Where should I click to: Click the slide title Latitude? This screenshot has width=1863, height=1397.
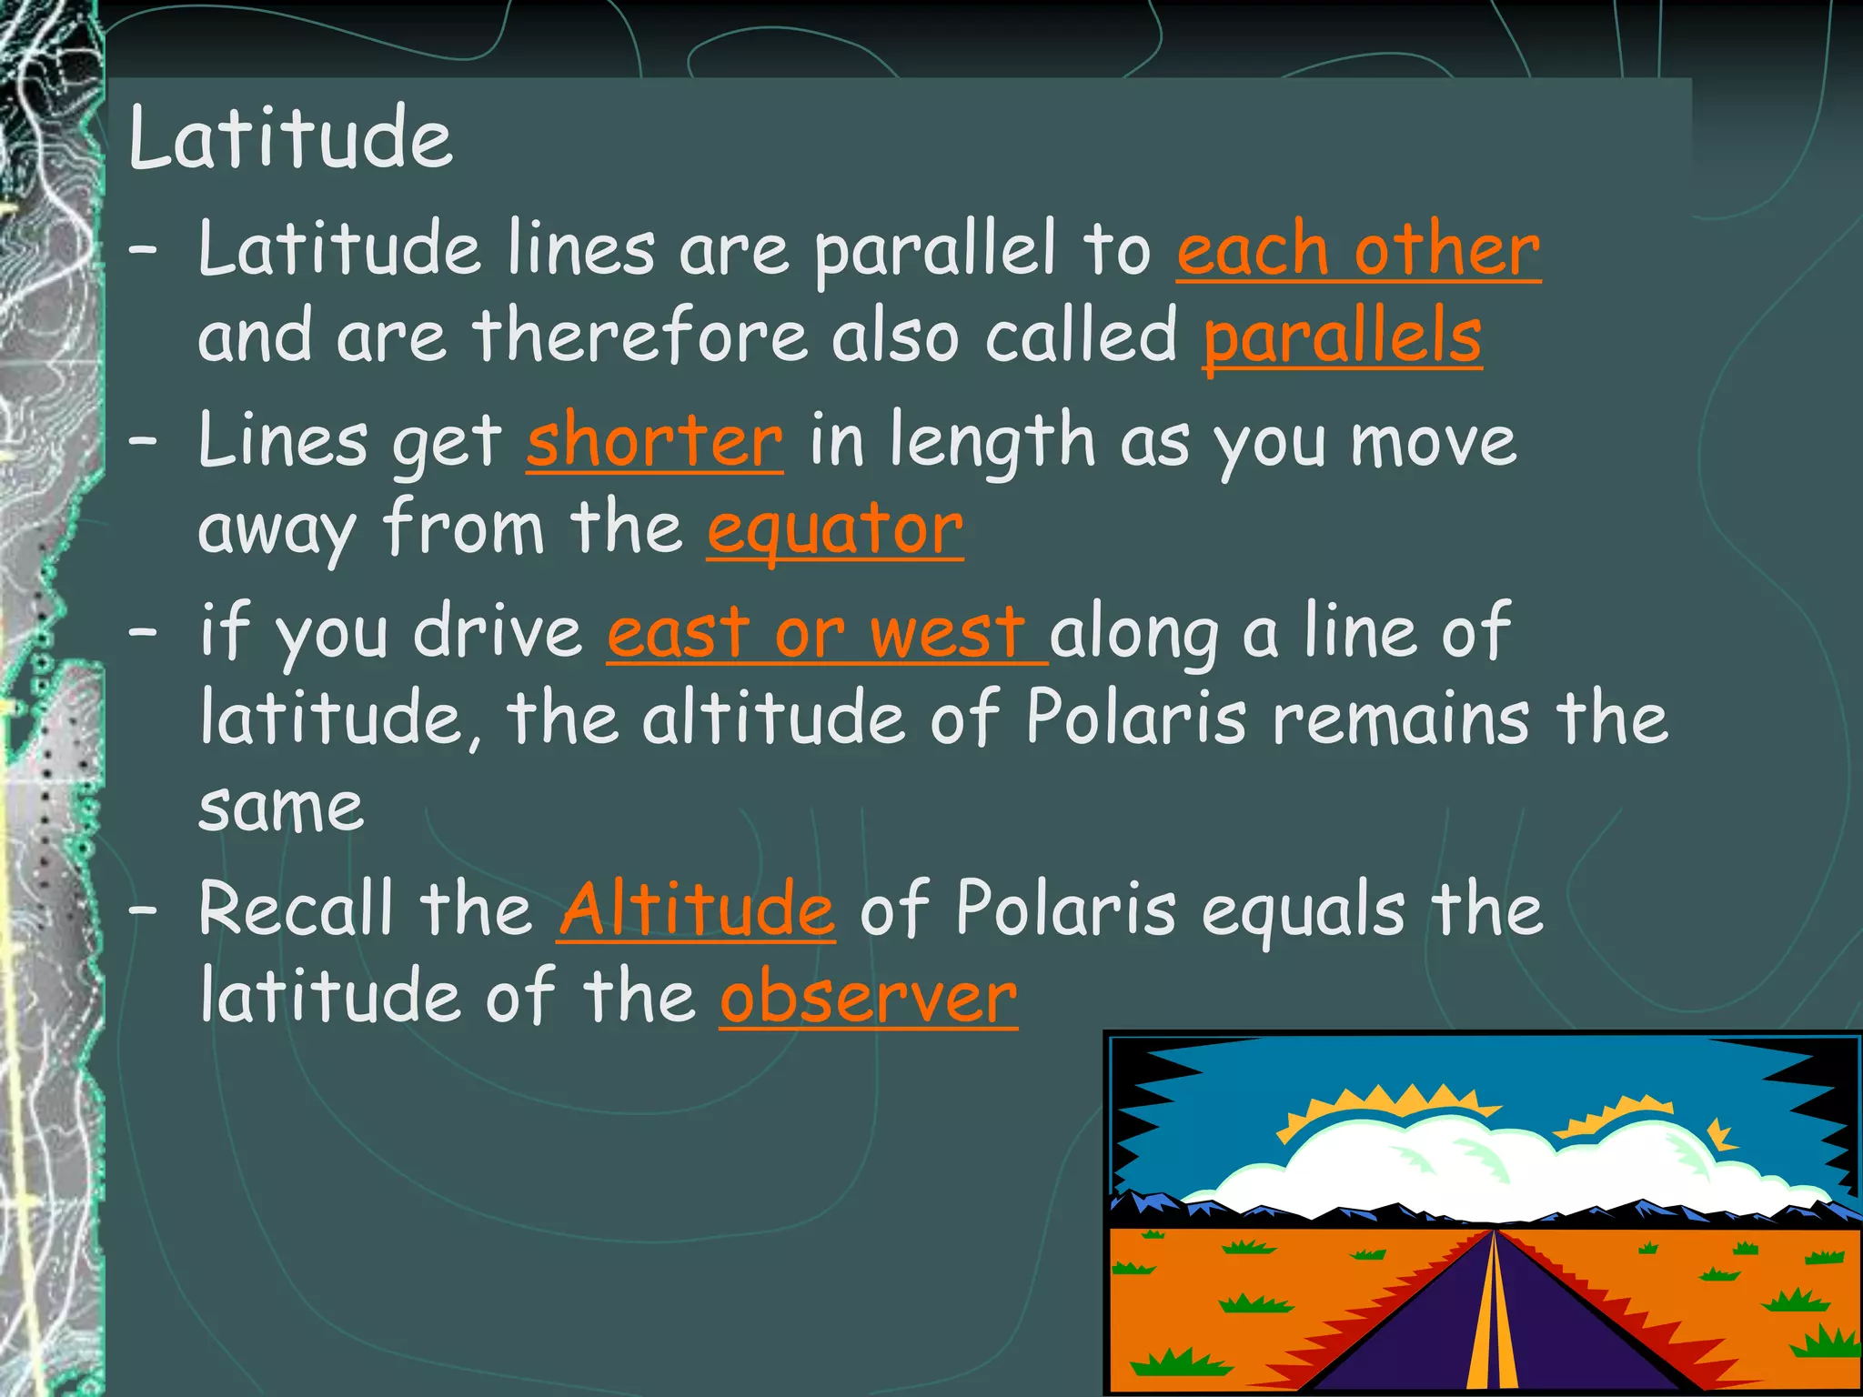point(290,138)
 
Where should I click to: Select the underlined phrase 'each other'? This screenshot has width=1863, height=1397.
point(1358,250)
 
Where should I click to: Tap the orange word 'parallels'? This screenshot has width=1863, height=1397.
point(1343,337)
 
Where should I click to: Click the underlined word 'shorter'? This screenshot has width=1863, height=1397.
point(654,441)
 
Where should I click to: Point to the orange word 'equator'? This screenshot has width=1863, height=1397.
point(835,529)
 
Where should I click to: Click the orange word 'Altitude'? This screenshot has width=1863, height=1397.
point(696,910)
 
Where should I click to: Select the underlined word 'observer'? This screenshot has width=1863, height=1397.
point(869,998)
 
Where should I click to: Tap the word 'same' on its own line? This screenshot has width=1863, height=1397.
point(281,808)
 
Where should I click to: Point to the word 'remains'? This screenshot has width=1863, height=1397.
point(1401,719)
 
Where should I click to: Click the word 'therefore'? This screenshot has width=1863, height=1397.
point(639,337)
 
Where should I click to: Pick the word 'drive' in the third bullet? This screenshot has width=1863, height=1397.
point(498,632)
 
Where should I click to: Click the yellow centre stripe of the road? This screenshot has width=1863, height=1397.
point(1493,1319)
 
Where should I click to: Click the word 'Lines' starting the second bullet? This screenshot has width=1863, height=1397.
point(283,441)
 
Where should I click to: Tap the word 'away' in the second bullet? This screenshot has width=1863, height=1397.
point(277,529)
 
